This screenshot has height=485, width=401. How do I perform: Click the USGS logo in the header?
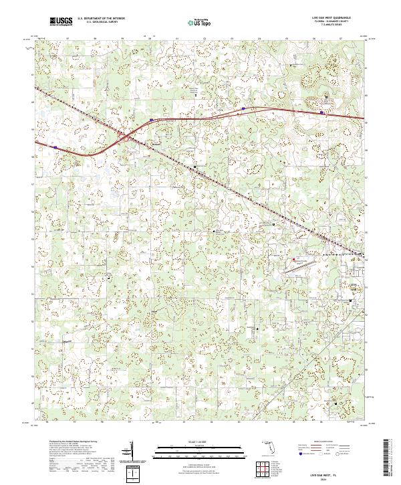click(61, 21)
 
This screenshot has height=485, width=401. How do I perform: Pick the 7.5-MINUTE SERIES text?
click(331, 25)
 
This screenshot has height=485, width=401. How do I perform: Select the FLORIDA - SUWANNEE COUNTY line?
click(331, 21)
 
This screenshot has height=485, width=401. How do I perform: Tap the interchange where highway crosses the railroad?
click(125, 137)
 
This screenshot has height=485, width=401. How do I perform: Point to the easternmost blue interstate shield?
click(322, 112)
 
